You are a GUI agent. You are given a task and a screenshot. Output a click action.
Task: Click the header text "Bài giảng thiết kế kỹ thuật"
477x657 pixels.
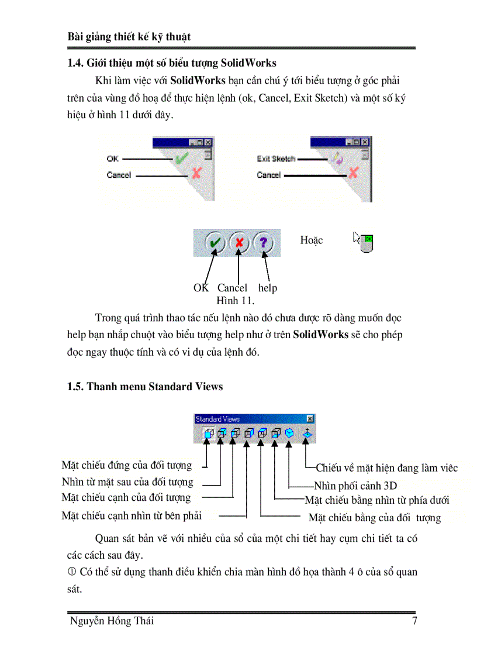point(129,36)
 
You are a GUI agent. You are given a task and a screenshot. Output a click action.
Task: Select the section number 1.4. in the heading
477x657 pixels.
point(77,63)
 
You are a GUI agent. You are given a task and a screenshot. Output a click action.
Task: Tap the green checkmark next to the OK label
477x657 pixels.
point(182,158)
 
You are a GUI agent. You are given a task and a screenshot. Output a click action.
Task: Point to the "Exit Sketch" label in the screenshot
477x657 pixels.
point(276,159)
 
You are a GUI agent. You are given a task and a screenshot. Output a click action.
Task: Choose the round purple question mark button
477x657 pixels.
point(263,242)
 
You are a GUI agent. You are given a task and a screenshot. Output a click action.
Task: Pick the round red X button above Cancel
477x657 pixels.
point(238,242)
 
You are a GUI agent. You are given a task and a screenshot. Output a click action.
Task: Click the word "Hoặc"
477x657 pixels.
point(311,240)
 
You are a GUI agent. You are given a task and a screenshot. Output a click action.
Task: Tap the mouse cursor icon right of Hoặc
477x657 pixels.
point(364,241)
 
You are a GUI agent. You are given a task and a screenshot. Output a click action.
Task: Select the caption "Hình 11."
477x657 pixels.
point(235,301)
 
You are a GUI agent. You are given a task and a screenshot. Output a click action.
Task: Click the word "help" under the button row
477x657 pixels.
point(267,288)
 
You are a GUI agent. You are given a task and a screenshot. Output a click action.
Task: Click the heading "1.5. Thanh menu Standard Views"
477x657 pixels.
point(145,387)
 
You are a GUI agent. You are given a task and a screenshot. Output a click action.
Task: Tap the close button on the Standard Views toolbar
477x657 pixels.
point(310,419)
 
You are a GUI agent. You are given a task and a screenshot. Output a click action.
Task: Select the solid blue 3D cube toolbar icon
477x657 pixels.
point(289,434)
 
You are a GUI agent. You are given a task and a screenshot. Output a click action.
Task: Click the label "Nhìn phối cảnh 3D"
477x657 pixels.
point(355,486)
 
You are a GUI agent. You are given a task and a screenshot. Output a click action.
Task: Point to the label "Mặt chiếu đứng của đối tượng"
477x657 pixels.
point(126,466)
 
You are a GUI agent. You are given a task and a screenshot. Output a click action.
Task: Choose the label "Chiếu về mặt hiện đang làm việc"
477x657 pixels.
point(386,468)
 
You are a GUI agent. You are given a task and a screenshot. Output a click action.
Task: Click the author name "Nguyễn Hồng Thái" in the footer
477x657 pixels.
point(112,621)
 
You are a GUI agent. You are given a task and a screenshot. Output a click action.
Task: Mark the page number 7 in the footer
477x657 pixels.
point(414,621)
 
